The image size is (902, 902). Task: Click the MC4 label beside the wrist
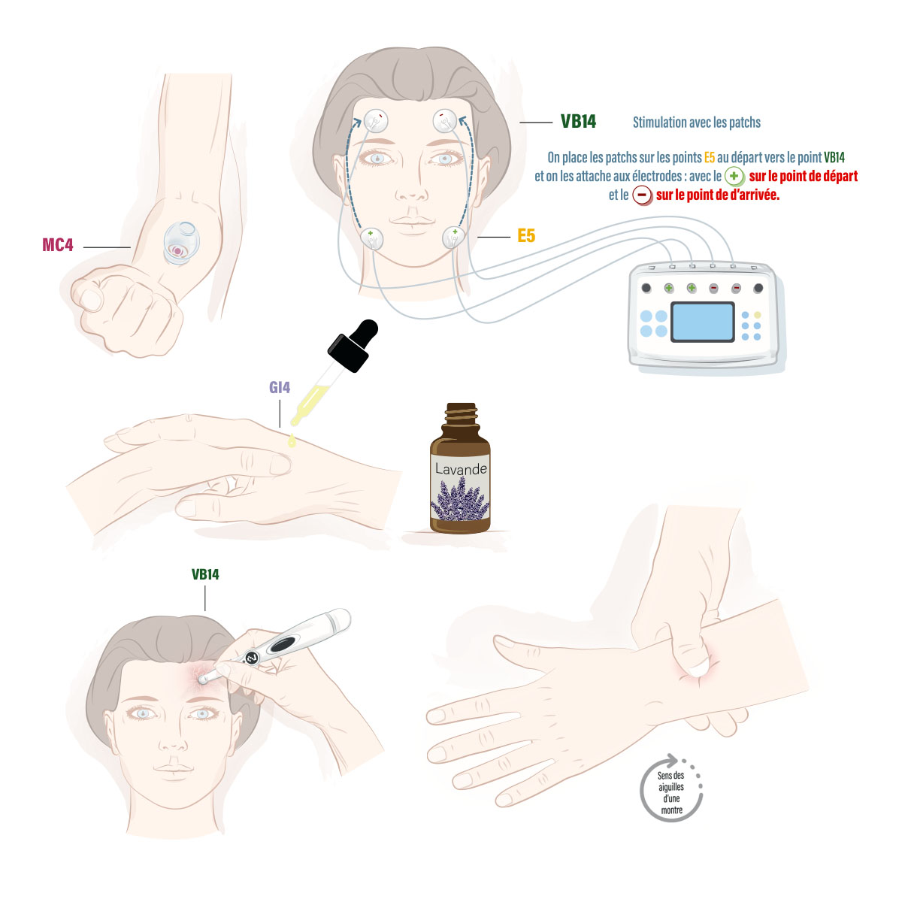tap(58, 245)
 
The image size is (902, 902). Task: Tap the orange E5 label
tap(525, 235)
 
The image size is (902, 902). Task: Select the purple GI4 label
tap(280, 388)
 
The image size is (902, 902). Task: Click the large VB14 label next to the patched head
tap(578, 122)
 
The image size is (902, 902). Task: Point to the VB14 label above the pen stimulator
tap(205, 575)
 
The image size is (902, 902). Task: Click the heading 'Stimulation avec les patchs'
tap(697, 123)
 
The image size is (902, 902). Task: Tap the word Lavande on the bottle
tap(461, 468)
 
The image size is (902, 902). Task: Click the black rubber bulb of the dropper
tap(354, 345)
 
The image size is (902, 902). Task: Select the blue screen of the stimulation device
tap(702, 322)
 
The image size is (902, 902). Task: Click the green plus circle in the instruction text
tap(734, 177)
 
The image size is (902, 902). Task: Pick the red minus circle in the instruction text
tap(642, 195)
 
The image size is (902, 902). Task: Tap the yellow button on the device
tap(758, 314)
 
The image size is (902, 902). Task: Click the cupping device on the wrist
tap(181, 244)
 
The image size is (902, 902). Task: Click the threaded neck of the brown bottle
tap(461, 413)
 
